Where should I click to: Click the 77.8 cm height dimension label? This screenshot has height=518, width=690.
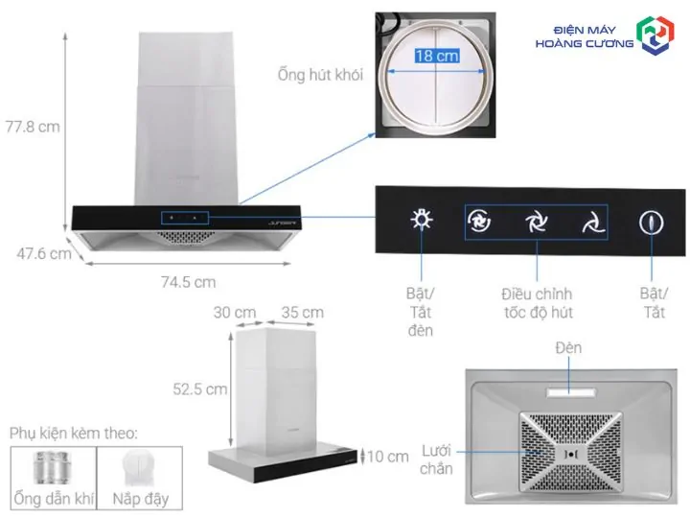pyautogui.click(x=33, y=127)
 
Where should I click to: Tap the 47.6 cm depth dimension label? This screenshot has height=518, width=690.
pyautogui.click(x=44, y=253)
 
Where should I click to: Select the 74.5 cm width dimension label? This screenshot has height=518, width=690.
pyautogui.click(x=189, y=282)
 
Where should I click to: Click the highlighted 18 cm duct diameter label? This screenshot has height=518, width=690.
pyautogui.click(x=437, y=56)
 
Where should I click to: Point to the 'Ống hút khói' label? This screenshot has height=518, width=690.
pyautogui.click(x=320, y=75)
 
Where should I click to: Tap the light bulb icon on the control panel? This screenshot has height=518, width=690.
pyautogui.click(x=422, y=220)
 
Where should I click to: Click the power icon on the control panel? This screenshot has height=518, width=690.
pyautogui.click(x=652, y=223)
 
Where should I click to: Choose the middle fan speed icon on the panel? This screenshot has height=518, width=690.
pyautogui.click(x=537, y=222)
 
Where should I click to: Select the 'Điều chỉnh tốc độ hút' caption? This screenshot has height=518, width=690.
pyautogui.click(x=538, y=303)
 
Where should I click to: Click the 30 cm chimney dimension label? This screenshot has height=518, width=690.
pyautogui.click(x=235, y=313)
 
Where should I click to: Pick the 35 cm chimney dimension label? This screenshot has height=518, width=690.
pyautogui.click(x=303, y=313)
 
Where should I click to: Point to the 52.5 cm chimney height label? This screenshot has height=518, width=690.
pyautogui.click(x=199, y=388)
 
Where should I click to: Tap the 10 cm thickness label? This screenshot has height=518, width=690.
pyautogui.click(x=388, y=457)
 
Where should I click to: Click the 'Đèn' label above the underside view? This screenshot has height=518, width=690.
pyautogui.click(x=568, y=347)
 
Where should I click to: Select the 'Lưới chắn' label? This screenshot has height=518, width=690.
pyautogui.click(x=436, y=459)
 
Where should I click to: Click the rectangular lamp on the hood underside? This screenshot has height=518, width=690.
pyautogui.click(x=571, y=392)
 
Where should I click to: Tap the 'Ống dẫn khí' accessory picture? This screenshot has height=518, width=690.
pyautogui.click(x=53, y=467)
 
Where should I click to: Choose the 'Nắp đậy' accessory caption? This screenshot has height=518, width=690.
pyautogui.click(x=140, y=499)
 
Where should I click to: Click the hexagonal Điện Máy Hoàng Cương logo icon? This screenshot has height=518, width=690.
pyautogui.click(x=655, y=35)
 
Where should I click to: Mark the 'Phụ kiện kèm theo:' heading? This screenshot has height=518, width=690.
pyautogui.click(x=74, y=433)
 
